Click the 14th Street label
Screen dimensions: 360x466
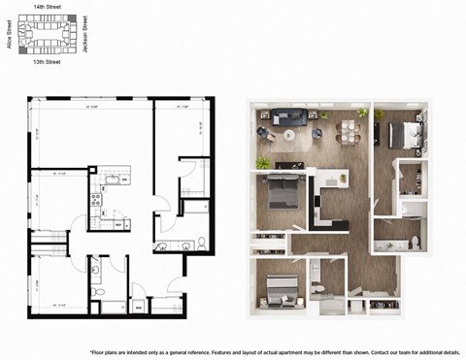(48, 6)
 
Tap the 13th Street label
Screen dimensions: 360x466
(48, 61)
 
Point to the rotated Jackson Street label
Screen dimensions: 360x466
(85, 33)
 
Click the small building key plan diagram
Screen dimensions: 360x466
(48, 34)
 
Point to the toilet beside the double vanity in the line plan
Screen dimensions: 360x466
(202, 242)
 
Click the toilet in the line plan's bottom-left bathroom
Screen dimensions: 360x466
(95, 289)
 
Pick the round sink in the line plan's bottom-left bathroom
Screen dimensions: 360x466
(95, 269)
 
